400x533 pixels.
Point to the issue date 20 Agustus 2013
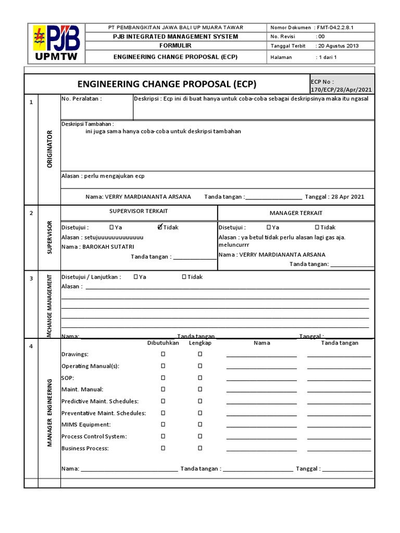pos(337,46)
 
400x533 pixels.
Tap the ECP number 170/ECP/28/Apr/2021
pos(341,89)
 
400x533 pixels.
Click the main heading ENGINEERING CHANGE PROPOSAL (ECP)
pos(167,84)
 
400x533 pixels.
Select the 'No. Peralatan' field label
pos(81,99)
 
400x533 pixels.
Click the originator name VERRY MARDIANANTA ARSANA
pos(148,197)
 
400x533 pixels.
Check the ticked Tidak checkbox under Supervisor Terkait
pos(160,227)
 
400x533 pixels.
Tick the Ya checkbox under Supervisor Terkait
pos(112,227)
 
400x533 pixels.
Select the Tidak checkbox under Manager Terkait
pos(317,227)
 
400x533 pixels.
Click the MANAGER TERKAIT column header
pos(296,213)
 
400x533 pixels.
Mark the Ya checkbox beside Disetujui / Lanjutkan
pos(136,277)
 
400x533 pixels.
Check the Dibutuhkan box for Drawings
pos(163,354)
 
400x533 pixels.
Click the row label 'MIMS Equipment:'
pos(85,425)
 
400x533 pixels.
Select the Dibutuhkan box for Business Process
pos(163,448)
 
